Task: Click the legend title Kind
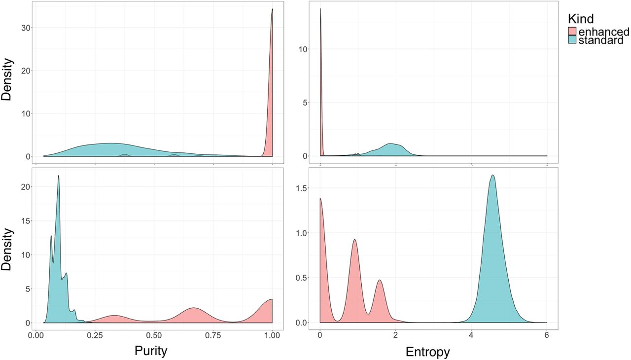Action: tap(580, 19)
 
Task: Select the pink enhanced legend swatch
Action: tap(572, 32)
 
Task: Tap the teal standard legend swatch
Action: tap(572, 41)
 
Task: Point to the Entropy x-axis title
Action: tap(427, 352)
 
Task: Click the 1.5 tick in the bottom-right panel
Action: tap(306, 188)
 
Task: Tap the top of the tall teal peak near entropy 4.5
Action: tap(492, 175)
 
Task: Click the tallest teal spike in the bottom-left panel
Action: tap(59, 176)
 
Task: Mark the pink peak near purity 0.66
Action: tap(193, 308)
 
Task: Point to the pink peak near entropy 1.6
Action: tap(380, 280)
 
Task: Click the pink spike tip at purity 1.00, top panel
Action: tap(272, 9)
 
